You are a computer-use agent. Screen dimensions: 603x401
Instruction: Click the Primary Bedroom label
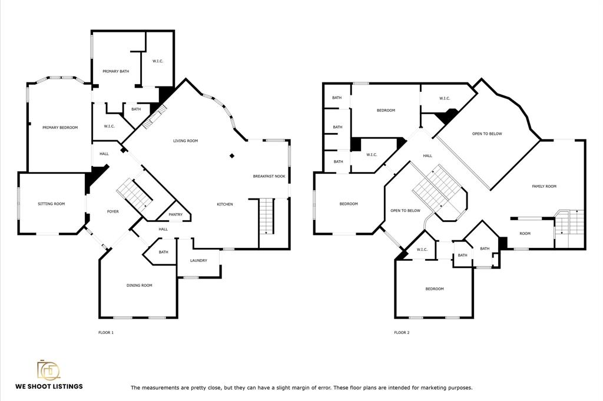[60, 128]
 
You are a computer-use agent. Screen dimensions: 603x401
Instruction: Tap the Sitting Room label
[51, 204]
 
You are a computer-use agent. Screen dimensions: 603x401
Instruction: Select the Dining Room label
[139, 285]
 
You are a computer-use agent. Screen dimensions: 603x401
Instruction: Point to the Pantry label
[175, 214]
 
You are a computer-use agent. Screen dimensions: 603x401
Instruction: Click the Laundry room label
[198, 261]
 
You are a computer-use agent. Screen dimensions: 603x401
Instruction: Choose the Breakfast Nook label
[269, 177]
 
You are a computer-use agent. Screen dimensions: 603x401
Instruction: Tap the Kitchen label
[225, 204]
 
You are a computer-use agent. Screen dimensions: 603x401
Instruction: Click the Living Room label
[185, 141]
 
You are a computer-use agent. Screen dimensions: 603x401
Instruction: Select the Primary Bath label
[116, 71]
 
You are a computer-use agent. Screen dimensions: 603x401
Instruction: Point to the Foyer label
[112, 212]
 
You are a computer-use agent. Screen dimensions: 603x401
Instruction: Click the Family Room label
[544, 187]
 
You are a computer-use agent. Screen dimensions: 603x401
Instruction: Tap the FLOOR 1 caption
[106, 333]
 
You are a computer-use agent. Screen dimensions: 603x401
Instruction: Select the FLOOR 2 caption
[402, 333]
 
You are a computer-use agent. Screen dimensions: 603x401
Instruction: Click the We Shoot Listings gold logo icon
[48, 370]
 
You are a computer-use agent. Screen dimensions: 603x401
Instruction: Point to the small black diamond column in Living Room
[232, 155]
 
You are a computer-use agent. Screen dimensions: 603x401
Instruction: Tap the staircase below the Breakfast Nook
[267, 216]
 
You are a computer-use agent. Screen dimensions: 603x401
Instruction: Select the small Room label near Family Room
[525, 233]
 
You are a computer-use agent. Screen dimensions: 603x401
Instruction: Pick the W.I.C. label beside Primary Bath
[158, 61]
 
